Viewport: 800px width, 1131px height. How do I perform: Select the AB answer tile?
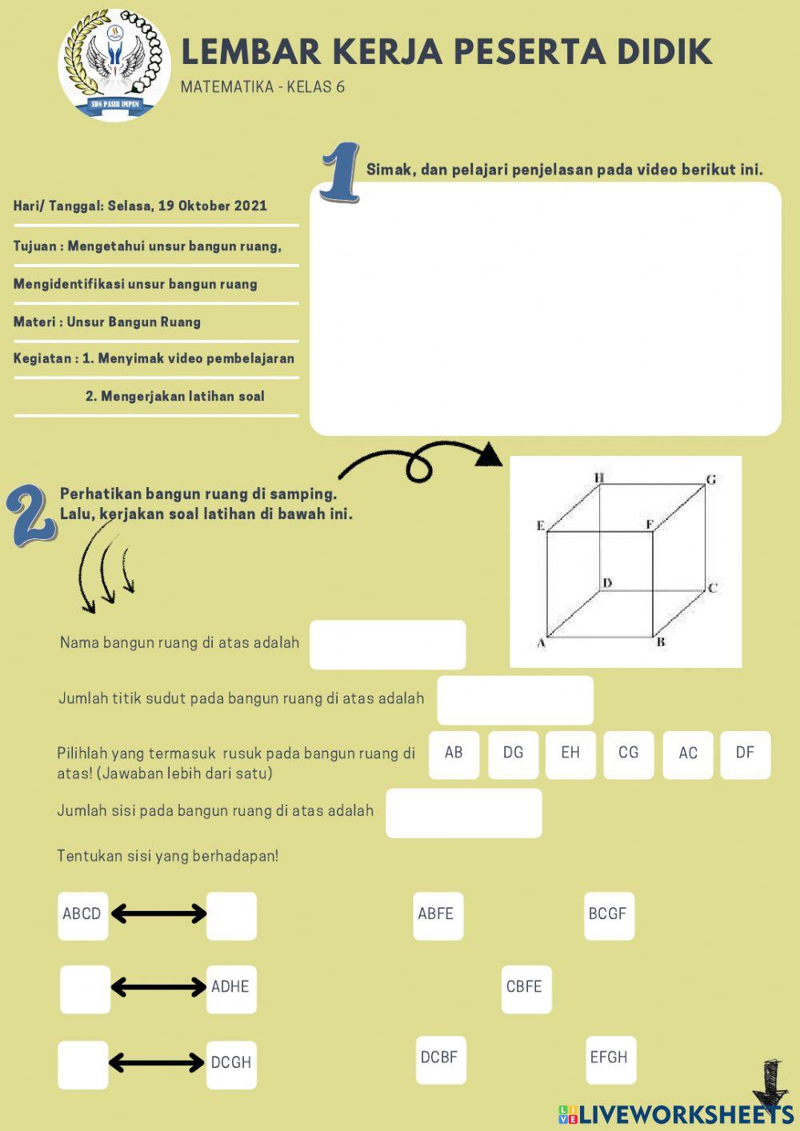coord(454,753)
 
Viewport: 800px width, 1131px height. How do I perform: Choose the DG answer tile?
coord(513,753)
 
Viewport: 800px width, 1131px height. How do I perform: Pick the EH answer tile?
coord(570,753)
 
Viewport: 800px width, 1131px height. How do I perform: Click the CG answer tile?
coord(628,753)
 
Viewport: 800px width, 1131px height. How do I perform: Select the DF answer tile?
coord(745,753)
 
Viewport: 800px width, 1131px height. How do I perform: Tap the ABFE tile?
coord(437,914)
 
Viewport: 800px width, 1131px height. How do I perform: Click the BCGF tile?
coord(608,914)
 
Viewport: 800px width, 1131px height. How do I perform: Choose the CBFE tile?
coord(525,988)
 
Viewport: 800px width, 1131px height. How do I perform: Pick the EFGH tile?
coord(610,1058)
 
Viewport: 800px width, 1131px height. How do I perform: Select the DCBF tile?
coord(440,1058)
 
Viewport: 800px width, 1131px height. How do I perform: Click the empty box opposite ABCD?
coord(231,915)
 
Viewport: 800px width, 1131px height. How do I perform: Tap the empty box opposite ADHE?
coord(85,989)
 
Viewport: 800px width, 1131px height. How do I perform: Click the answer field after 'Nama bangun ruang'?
coord(387,645)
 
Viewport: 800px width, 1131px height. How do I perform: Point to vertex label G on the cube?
coord(710,480)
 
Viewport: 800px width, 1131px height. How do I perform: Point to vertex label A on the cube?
coord(541,643)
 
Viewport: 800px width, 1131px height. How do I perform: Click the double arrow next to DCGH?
coord(157,1063)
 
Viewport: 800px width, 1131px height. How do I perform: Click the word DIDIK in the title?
coord(664,52)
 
